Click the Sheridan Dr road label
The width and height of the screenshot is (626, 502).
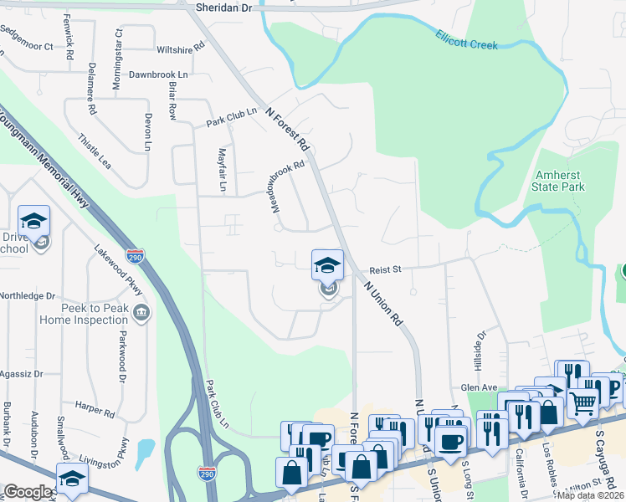pyautogui.click(x=223, y=7)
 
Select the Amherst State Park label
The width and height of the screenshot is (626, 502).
pyautogui.click(x=558, y=182)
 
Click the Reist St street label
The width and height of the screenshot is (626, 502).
pyautogui.click(x=387, y=269)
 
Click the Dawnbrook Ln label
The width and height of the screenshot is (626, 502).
pyautogui.click(x=159, y=74)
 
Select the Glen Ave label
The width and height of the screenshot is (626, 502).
pyautogui.click(x=480, y=387)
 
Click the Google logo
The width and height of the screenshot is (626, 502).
pyautogui.click(x=28, y=492)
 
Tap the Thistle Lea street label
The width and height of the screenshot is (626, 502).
pyautogui.click(x=95, y=146)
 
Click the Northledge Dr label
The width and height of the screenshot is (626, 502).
pyautogui.click(x=27, y=296)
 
